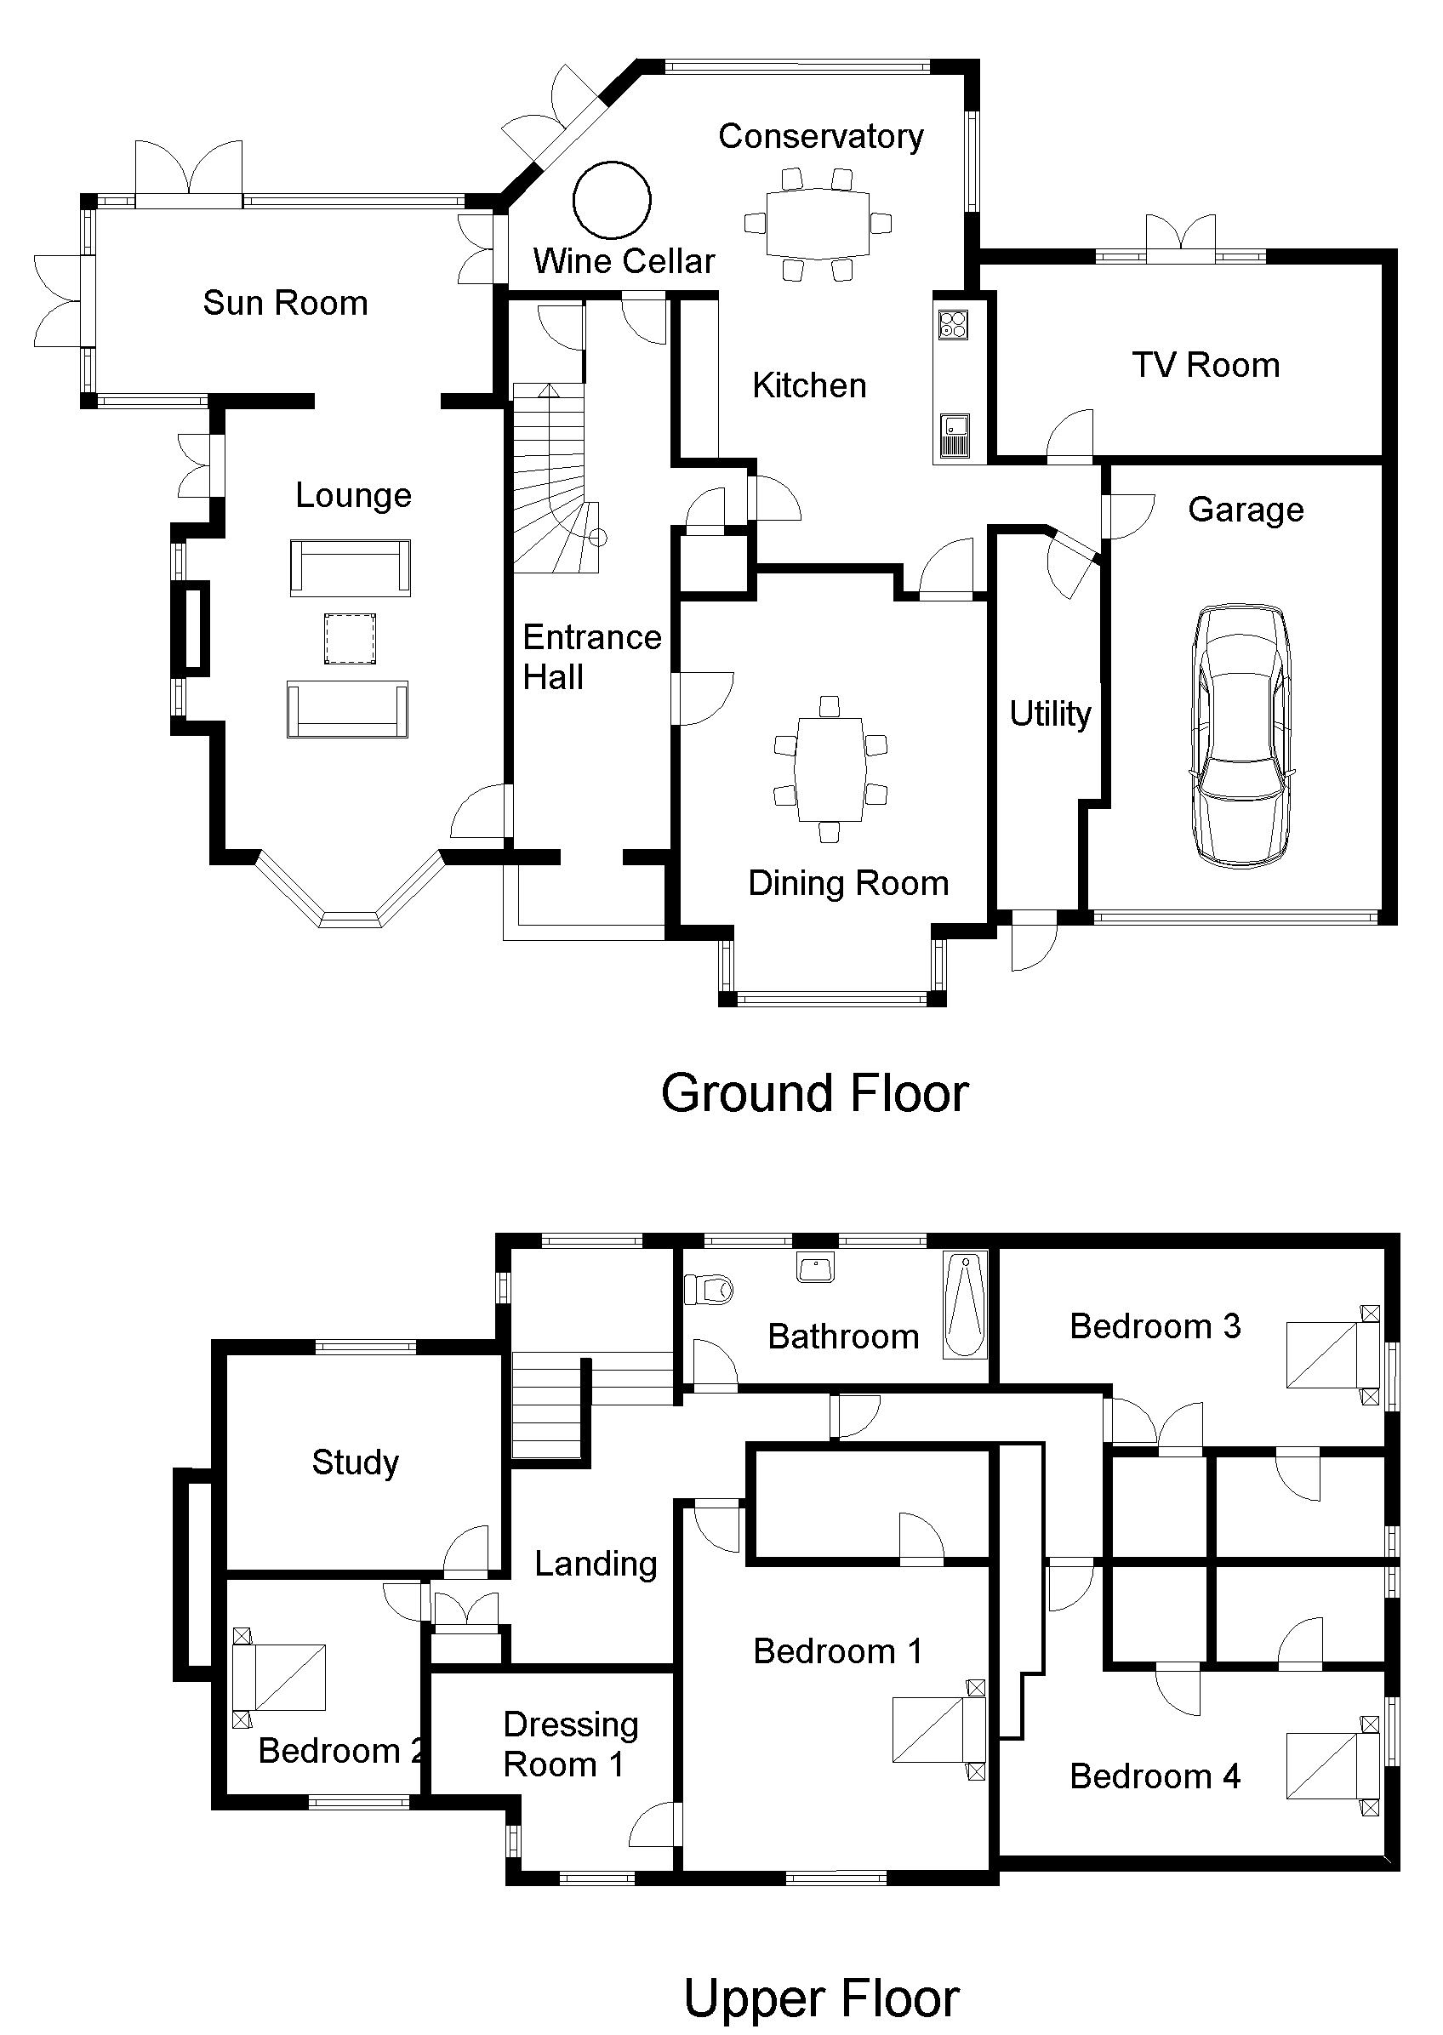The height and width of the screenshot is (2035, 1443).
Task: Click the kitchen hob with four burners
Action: pos(954,324)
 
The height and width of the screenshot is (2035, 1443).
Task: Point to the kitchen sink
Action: pos(955,436)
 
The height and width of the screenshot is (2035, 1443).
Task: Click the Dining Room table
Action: pos(830,769)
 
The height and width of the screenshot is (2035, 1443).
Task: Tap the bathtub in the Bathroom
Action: pos(965,1305)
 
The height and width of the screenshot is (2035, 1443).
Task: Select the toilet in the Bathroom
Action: pos(708,1289)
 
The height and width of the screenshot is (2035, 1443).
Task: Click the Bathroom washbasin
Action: pos(816,1268)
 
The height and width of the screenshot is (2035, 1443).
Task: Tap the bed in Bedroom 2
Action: pos(278,1677)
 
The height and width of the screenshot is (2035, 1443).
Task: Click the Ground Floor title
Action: pos(815,1092)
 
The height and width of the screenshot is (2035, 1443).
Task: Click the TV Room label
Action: pos(1206,365)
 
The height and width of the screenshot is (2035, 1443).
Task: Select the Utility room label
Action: pos(1050,713)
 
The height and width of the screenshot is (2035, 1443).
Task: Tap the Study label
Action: pos(356,1463)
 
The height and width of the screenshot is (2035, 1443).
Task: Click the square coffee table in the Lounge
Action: pos(349,639)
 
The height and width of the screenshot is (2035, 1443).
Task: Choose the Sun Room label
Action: pos(285,303)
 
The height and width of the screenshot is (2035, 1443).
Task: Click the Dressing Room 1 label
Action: pos(570,1744)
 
